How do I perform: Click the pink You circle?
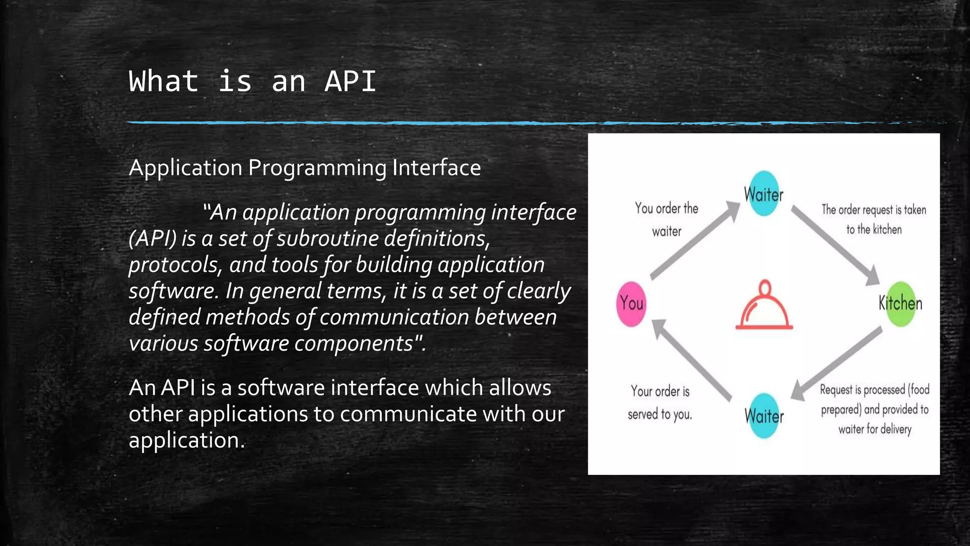click(631, 304)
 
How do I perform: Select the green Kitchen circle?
click(900, 304)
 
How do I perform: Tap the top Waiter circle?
click(763, 193)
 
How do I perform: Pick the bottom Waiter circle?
click(763, 416)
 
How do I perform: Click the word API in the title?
click(350, 81)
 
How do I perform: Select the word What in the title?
click(163, 81)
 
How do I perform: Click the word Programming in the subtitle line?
click(317, 168)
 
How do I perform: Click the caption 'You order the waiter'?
click(666, 219)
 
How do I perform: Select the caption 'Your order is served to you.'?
click(660, 402)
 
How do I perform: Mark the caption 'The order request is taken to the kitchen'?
click(874, 219)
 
